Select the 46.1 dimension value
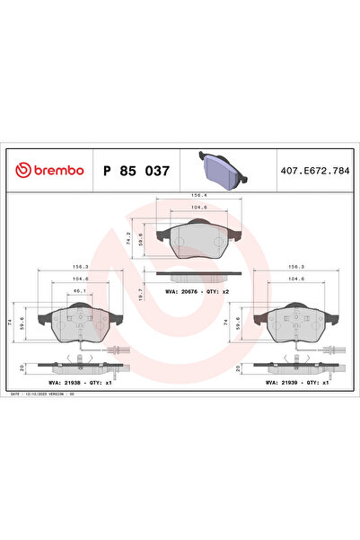pos(81,291)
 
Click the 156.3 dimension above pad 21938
pos(81,266)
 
